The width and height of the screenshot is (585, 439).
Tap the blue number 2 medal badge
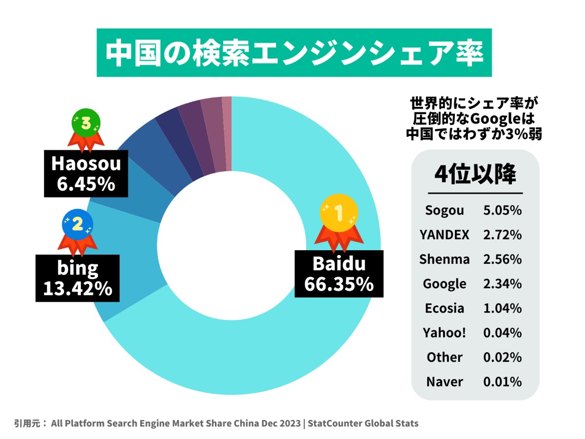click(x=77, y=225)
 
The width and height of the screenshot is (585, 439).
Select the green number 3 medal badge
click(x=86, y=123)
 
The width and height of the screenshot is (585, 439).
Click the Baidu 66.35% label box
click(x=339, y=274)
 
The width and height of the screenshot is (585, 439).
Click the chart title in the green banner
click(x=294, y=53)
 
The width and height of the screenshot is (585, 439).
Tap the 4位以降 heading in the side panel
click(x=475, y=174)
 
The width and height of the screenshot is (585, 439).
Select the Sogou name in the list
click(x=444, y=211)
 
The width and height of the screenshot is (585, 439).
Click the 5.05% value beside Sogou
click(x=502, y=211)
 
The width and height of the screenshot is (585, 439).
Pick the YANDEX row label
click(x=444, y=235)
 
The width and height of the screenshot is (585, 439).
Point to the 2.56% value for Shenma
click(x=502, y=259)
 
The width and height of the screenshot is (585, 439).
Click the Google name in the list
click(x=444, y=284)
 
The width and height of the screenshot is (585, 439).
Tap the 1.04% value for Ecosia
click(x=502, y=308)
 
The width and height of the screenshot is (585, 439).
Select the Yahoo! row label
click(x=444, y=333)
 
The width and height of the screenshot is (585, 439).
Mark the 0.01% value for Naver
click(x=502, y=381)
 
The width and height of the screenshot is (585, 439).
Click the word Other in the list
click(x=444, y=357)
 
